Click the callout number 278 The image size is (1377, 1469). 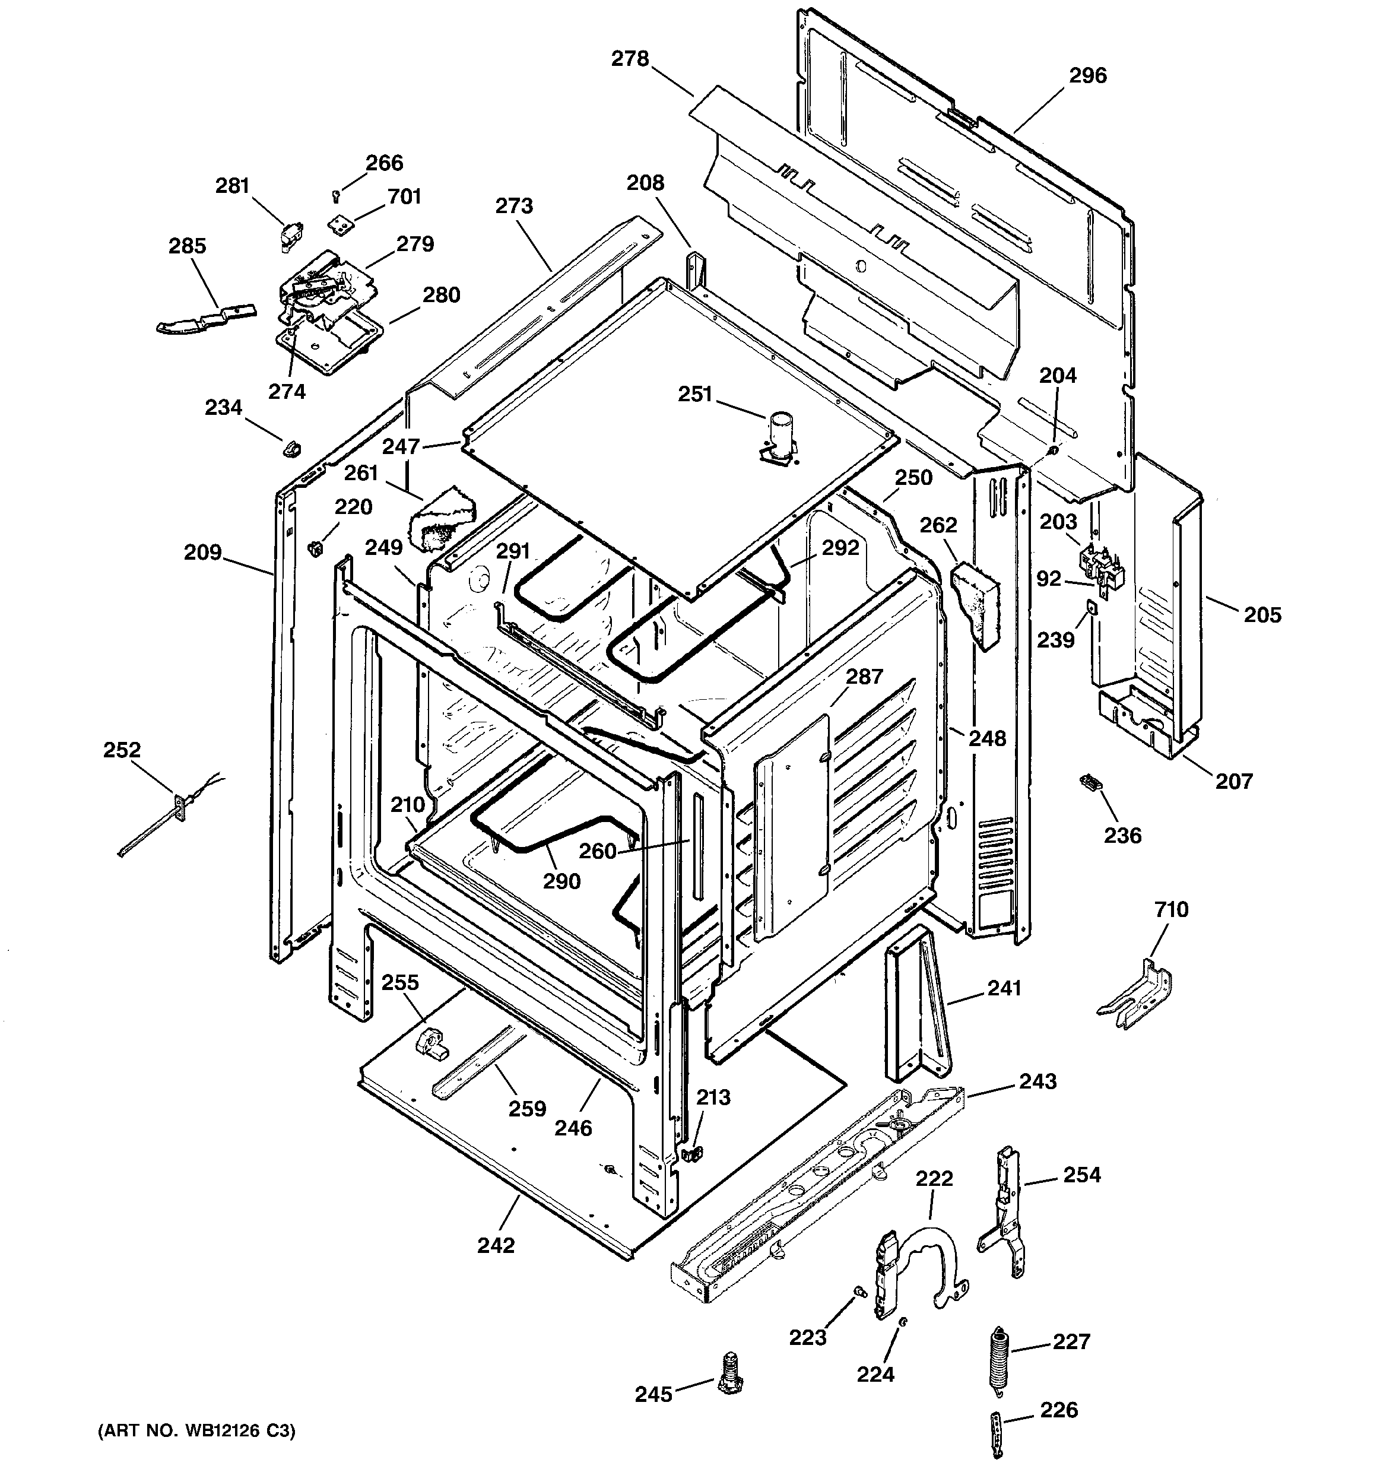tap(630, 59)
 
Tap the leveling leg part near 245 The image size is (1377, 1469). tap(729, 1373)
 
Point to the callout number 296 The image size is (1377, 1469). tap(1087, 75)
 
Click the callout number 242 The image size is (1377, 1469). tap(495, 1245)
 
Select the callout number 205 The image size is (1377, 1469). tap(1262, 615)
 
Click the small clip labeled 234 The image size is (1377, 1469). tap(293, 447)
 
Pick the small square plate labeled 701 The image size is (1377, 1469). tap(340, 224)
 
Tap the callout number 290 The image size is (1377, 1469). tap(561, 881)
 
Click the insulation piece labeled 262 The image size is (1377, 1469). tap(974, 602)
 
